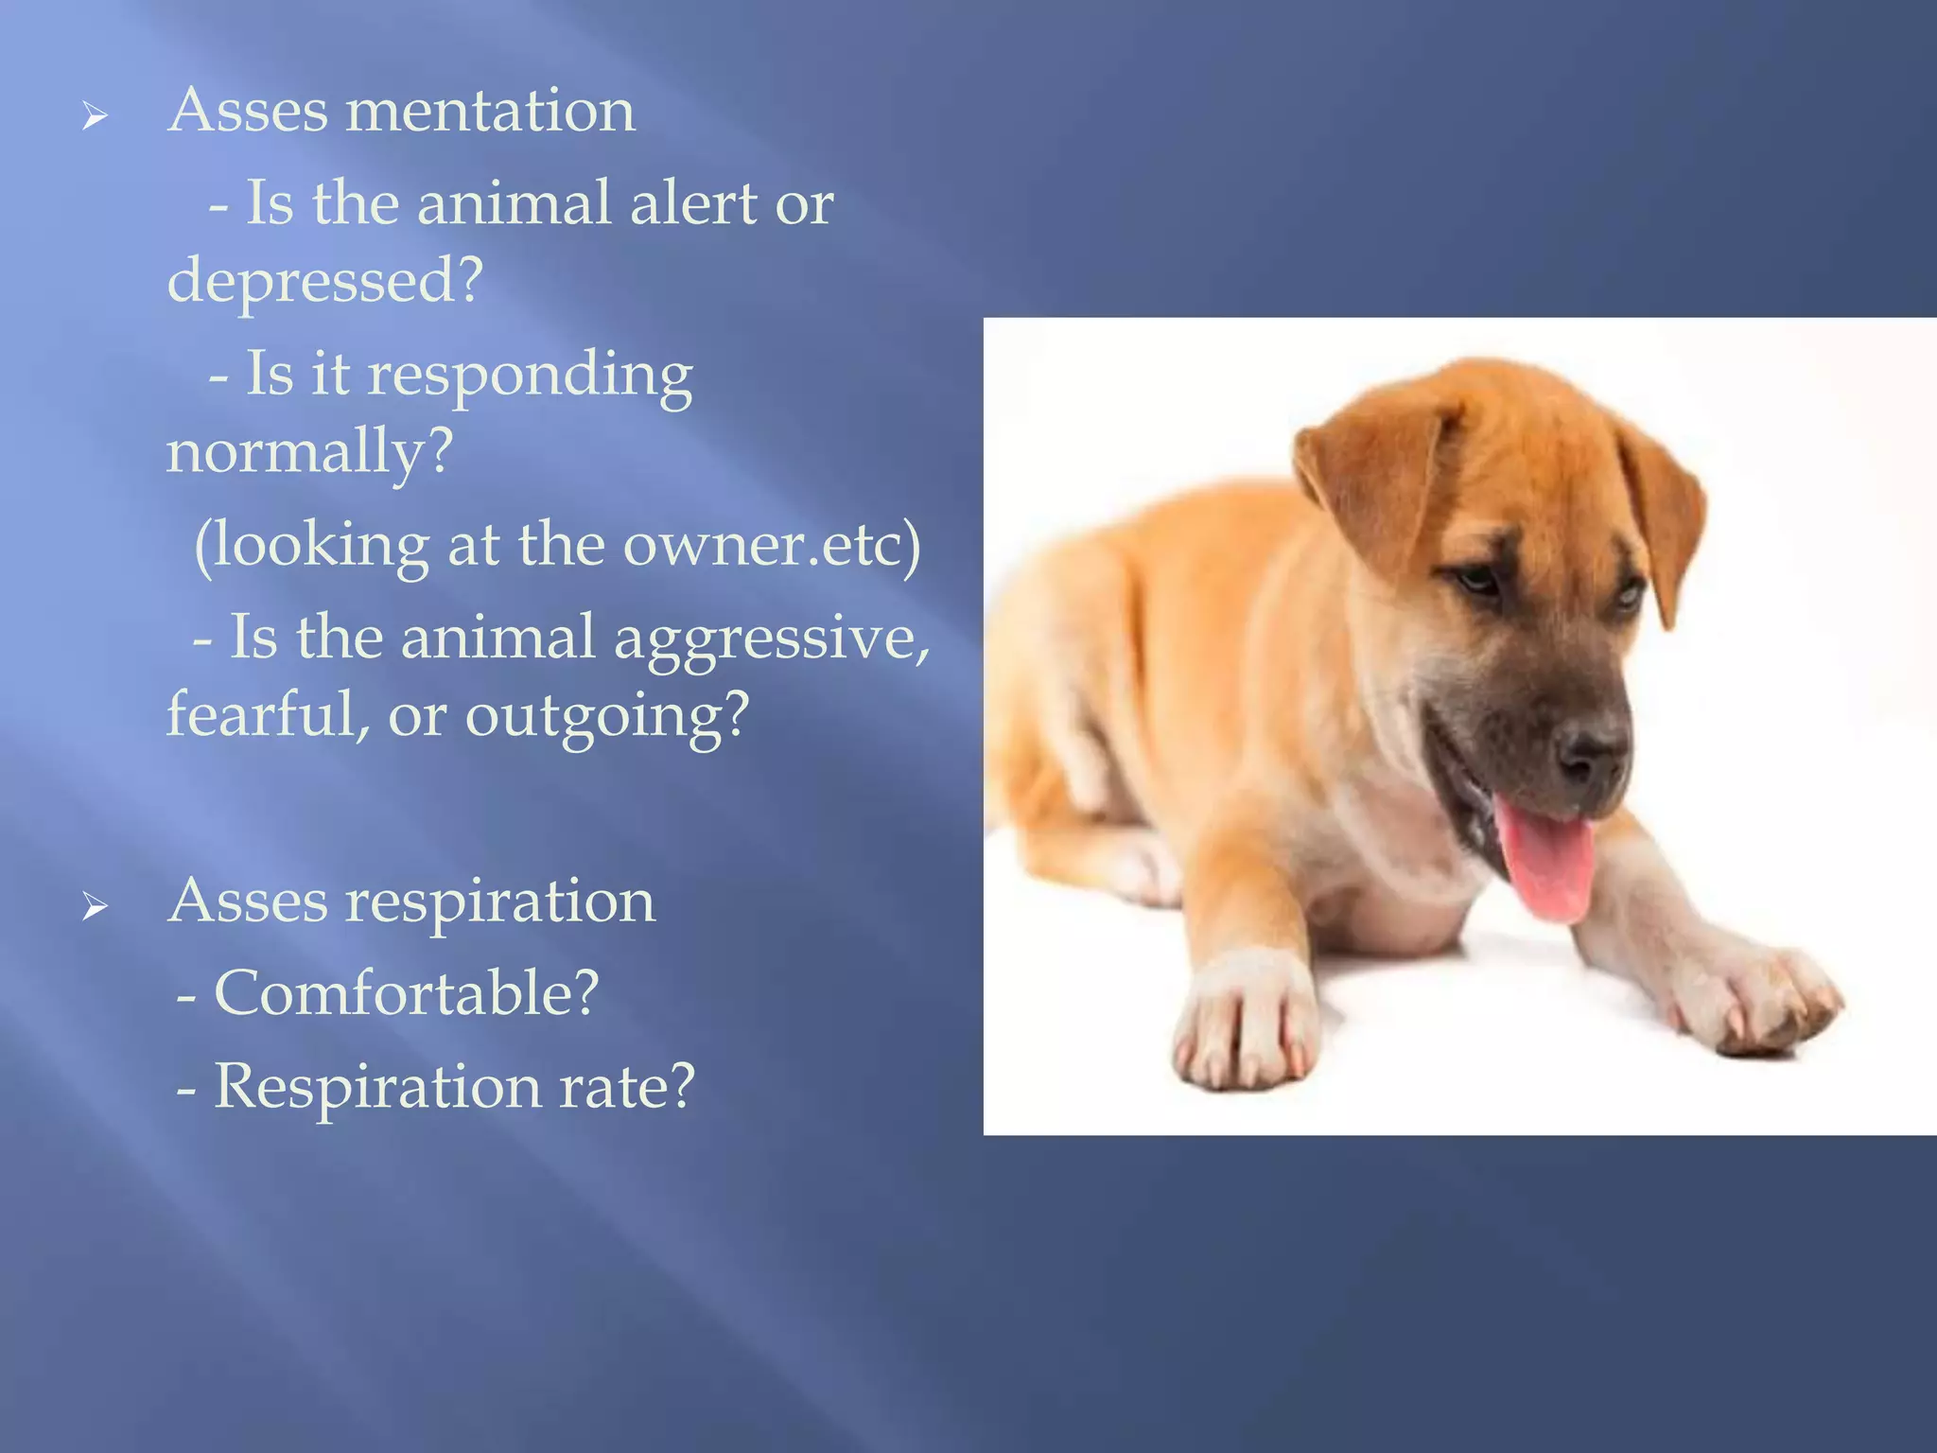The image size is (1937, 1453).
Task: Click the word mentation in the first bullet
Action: tap(490, 111)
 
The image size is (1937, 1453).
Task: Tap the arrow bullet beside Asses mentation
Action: tap(94, 117)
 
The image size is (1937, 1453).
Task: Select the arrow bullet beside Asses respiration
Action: tap(94, 907)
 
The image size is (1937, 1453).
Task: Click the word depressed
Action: tap(324, 281)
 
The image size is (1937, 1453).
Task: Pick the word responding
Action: tap(530, 376)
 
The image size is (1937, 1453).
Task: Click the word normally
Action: tap(309, 451)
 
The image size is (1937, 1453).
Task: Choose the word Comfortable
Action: tap(407, 993)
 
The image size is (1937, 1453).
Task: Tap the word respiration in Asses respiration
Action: tap(499, 901)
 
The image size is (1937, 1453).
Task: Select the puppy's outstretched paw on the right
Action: tap(1759, 1003)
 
